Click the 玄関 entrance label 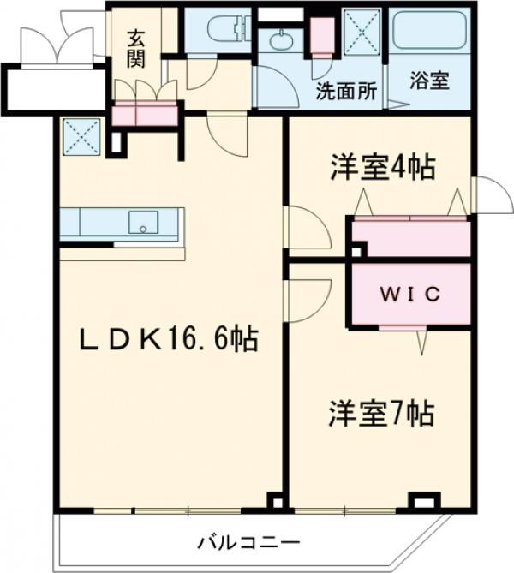(x=137, y=49)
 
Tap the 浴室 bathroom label (x=429, y=83)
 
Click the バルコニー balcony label (x=248, y=541)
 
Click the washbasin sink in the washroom (x=281, y=39)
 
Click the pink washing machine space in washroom (x=321, y=34)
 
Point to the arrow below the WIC (x=421, y=343)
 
